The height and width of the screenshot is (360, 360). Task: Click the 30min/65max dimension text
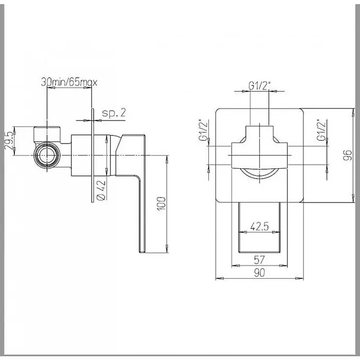click(69, 82)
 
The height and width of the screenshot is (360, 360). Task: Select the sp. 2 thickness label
click(114, 113)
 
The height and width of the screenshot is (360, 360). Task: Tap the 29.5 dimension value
click(9, 141)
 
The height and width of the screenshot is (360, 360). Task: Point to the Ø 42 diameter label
click(101, 190)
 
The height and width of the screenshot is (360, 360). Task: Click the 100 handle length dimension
click(161, 203)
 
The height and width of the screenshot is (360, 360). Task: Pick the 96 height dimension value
click(348, 155)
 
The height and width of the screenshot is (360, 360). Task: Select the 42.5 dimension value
click(260, 227)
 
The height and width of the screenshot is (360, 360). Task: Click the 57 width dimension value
click(260, 260)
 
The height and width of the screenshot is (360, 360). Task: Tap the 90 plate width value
click(260, 273)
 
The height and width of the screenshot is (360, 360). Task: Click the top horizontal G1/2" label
click(260, 86)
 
